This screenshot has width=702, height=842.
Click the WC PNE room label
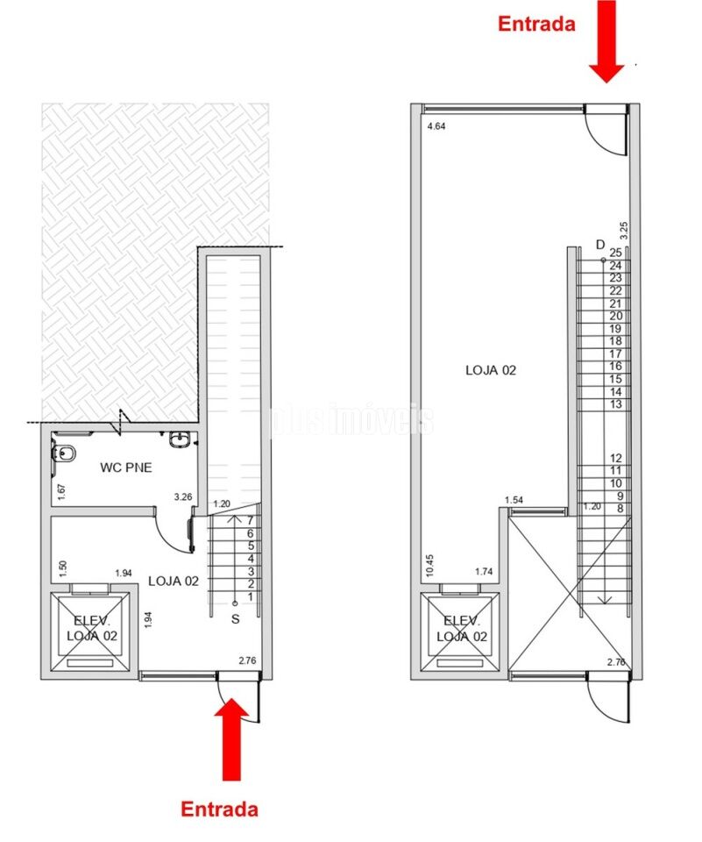pos(126,467)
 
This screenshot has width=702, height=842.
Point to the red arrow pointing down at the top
pos(606,41)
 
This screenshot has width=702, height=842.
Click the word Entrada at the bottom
pos(220,809)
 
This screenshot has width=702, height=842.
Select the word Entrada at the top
pos(536,24)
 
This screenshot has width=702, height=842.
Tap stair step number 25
pos(615,253)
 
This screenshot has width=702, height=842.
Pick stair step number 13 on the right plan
pos(615,404)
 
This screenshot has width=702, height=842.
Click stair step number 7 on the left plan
pos(251,520)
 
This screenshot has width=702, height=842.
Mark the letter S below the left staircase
pos(235,619)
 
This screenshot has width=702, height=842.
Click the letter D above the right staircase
pos(600,244)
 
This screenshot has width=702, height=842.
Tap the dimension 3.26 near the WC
pos(183,497)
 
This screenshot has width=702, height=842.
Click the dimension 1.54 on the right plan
pos(514,500)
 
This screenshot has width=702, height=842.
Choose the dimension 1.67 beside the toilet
pos(61,492)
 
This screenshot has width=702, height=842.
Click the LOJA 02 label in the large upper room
pos(491,370)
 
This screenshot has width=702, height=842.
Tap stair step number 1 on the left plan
pos(251,596)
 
